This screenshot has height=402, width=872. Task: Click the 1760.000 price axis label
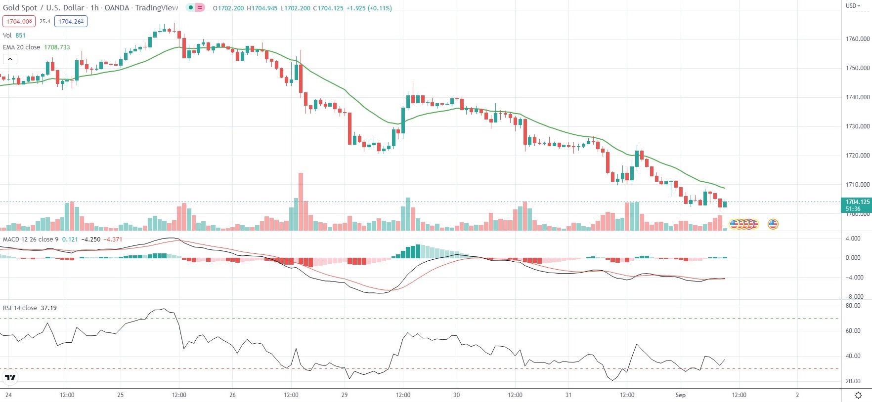click(858, 39)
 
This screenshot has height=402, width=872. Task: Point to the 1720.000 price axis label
click(858, 156)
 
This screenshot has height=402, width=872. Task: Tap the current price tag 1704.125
click(857, 202)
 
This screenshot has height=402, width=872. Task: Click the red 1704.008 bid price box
click(19, 21)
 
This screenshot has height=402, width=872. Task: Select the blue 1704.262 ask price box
click(71, 21)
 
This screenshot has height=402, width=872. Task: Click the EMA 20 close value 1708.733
click(57, 47)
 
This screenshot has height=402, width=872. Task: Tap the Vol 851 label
click(14, 36)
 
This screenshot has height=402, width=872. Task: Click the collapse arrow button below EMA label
click(10, 59)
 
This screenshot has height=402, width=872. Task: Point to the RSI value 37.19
click(48, 308)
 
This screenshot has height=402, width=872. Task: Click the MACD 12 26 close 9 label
click(31, 240)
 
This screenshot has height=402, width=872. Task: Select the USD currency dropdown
click(853, 6)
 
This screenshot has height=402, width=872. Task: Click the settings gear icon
click(859, 395)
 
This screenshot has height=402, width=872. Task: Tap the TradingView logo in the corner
click(10, 378)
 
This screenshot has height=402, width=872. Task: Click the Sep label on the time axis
click(681, 395)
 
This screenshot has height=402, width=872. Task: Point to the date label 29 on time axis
click(345, 395)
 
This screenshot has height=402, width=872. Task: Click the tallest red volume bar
click(301, 201)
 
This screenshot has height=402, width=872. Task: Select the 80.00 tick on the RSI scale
click(853, 306)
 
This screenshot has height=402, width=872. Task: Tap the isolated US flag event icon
click(773, 224)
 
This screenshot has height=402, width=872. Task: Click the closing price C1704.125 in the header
click(328, 8)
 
